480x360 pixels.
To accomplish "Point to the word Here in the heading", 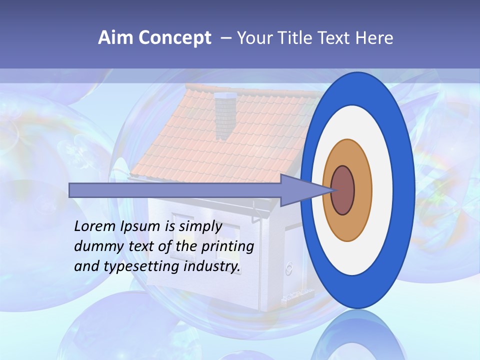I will (374, 38).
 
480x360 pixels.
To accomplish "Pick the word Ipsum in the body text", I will (141, 226).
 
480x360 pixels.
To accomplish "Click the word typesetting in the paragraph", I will (142, 266).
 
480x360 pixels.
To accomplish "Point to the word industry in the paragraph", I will (211, 266).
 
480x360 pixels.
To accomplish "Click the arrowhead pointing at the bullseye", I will (300, 190).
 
